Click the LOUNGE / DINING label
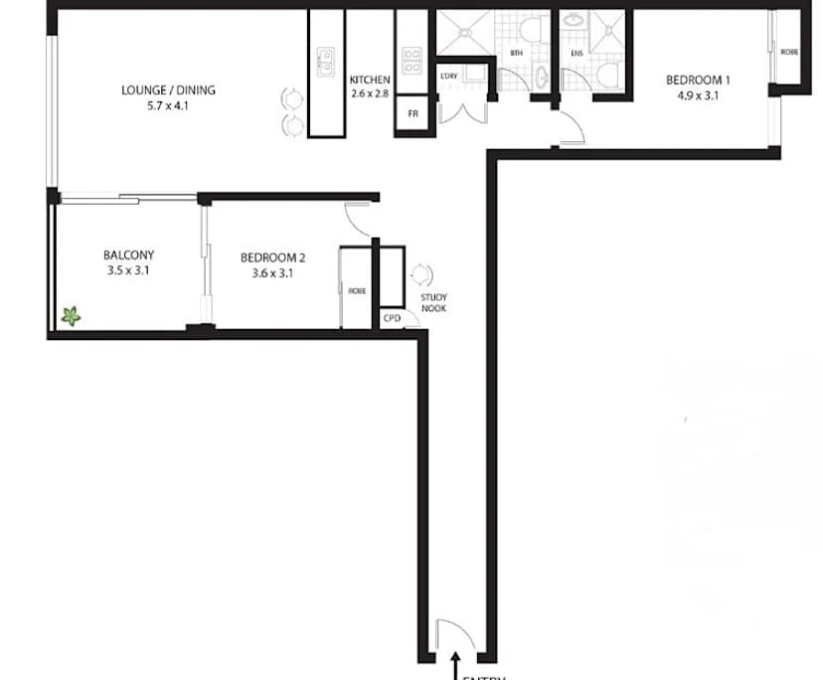pos(168,89)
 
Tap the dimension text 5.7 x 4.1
pos(168,103)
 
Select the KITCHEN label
pos(369,81)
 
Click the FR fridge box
pos(412,113)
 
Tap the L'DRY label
pos(447,76)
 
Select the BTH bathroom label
pos(516,52)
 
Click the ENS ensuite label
pos(576,52)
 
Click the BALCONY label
pos(128,255)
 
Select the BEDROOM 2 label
pos(265,257)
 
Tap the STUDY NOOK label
pos(433,302)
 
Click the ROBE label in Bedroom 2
pos(356,291)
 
